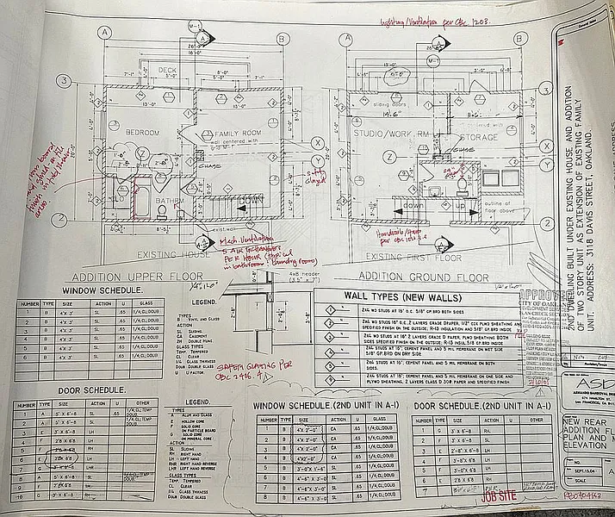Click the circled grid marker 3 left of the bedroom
(65, 83)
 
